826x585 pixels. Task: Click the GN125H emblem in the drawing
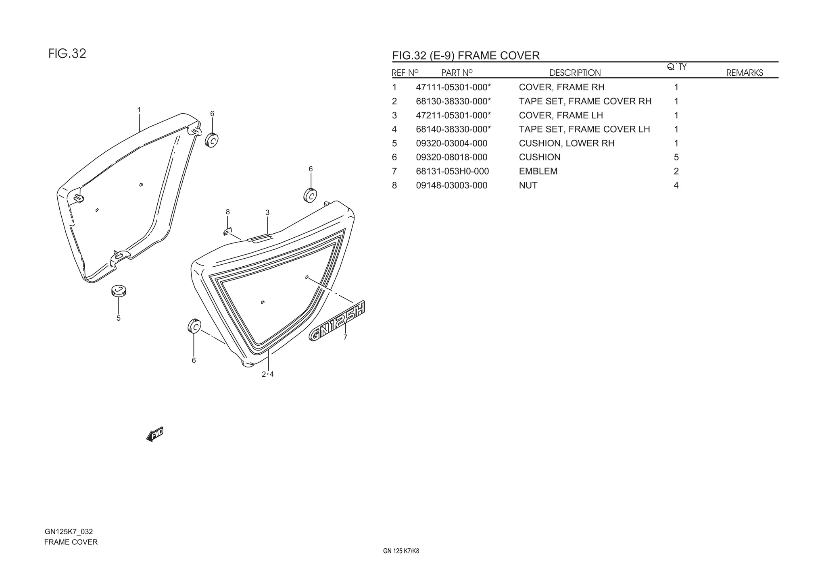pyautogui.click(x=337, y=321)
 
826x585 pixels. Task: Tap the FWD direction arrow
pyautogui.click(x=155, y=434)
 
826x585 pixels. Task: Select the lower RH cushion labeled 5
pyautogui.click(x=119, y=290)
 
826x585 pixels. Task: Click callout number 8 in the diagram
pyautogui.click(x=228, y=212)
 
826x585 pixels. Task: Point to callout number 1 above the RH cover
pyautogui.click(x=139, y=110)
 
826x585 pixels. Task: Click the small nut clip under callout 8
pyautogui.click(x=227, y=231)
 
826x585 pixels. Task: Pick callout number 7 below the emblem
pyautogui.click(x=345, y=338)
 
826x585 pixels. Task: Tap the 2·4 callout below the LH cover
pyautogui.click(x=268, y=374)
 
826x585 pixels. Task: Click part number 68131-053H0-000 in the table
pyautogui.click(x=452, y=171)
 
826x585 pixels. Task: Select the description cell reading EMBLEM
pyautogui.click(x=538, y=171)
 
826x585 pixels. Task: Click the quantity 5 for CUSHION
pyautogui.click(x=676, y=158)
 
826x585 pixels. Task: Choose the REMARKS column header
pyautogui.click(x=745, y=73)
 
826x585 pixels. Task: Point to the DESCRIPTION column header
pyautogui.click(x=575, y=73)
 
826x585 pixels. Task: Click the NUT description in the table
pyautogui.click(x=528, y=185)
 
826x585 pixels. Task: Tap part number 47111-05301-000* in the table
pyautogui.click(x=453, y=87)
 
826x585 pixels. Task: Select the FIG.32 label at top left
pyautogui.click(x=67, y=54)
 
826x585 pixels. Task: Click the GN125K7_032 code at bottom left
pyautogui.click(x=69, y=532)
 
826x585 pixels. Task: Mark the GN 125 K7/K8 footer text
pyautogui.click(x=401, y=551)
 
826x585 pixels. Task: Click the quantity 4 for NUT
pyautogui.click(x=676, y=185)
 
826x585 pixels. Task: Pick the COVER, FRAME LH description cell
pyautogui.click(x=561, y=116)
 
